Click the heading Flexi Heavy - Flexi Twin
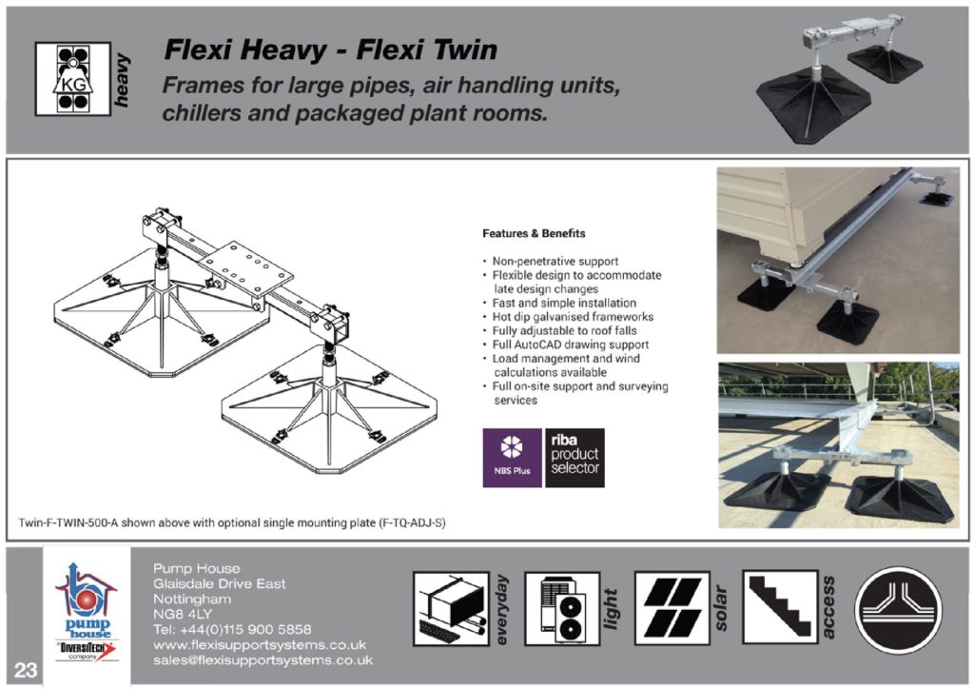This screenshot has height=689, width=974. coord(330,49)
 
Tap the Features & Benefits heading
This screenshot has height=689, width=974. coord(534,233)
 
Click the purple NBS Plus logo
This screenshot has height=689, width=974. coord(512,458)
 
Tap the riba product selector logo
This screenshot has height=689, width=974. coord(575,458)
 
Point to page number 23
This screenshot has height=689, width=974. coord(26,670)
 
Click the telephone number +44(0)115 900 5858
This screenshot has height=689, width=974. coord(232,629)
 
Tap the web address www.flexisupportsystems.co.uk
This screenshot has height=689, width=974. coord(260,644)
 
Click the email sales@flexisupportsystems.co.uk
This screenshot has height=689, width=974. coord(263,659)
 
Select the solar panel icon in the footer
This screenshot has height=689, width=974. coord(672,608)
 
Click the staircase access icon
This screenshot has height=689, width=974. coord(779,608)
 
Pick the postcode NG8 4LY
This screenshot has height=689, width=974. coord(183,614)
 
